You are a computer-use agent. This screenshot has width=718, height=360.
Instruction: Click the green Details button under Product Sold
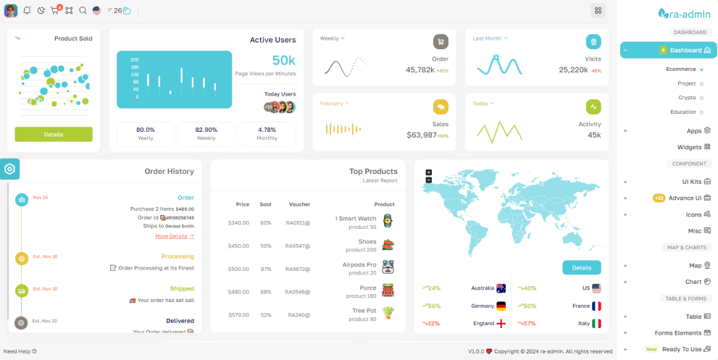coord(54,134)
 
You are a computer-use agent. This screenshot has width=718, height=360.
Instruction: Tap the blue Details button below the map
coord(581,267)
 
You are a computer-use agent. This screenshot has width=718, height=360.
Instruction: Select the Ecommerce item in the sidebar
coord(681,70)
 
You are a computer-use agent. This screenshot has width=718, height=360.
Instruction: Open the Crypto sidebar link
coord(687,98)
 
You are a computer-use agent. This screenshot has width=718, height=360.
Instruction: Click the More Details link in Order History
coord(174,236)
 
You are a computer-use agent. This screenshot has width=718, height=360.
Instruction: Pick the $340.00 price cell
coord(238,222)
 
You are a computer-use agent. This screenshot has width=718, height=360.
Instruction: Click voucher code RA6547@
coord(298,246)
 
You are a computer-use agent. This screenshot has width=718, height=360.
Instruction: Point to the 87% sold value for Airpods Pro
coord(266,269)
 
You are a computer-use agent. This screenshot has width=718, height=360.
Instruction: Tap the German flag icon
coord(501,306)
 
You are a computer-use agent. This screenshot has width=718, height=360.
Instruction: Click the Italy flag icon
coord(596,323)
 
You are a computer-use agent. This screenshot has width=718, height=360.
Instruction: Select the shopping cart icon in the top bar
coord(55,11)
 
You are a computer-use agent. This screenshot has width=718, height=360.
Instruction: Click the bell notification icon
coord(27,11)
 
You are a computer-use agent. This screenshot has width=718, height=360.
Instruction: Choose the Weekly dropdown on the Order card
coord(332,38)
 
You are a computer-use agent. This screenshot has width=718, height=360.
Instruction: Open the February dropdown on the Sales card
coord(334,104)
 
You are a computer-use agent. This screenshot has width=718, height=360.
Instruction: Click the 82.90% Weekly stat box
coord(206,133)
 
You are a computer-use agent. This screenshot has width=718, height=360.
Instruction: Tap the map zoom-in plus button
coord(429,172)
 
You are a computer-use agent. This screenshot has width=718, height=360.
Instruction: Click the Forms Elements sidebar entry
coord(678,333)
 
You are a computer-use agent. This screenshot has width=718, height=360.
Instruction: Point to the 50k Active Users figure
coord(283,60)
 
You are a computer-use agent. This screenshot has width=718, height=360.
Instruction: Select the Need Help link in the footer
coord(20,351)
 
